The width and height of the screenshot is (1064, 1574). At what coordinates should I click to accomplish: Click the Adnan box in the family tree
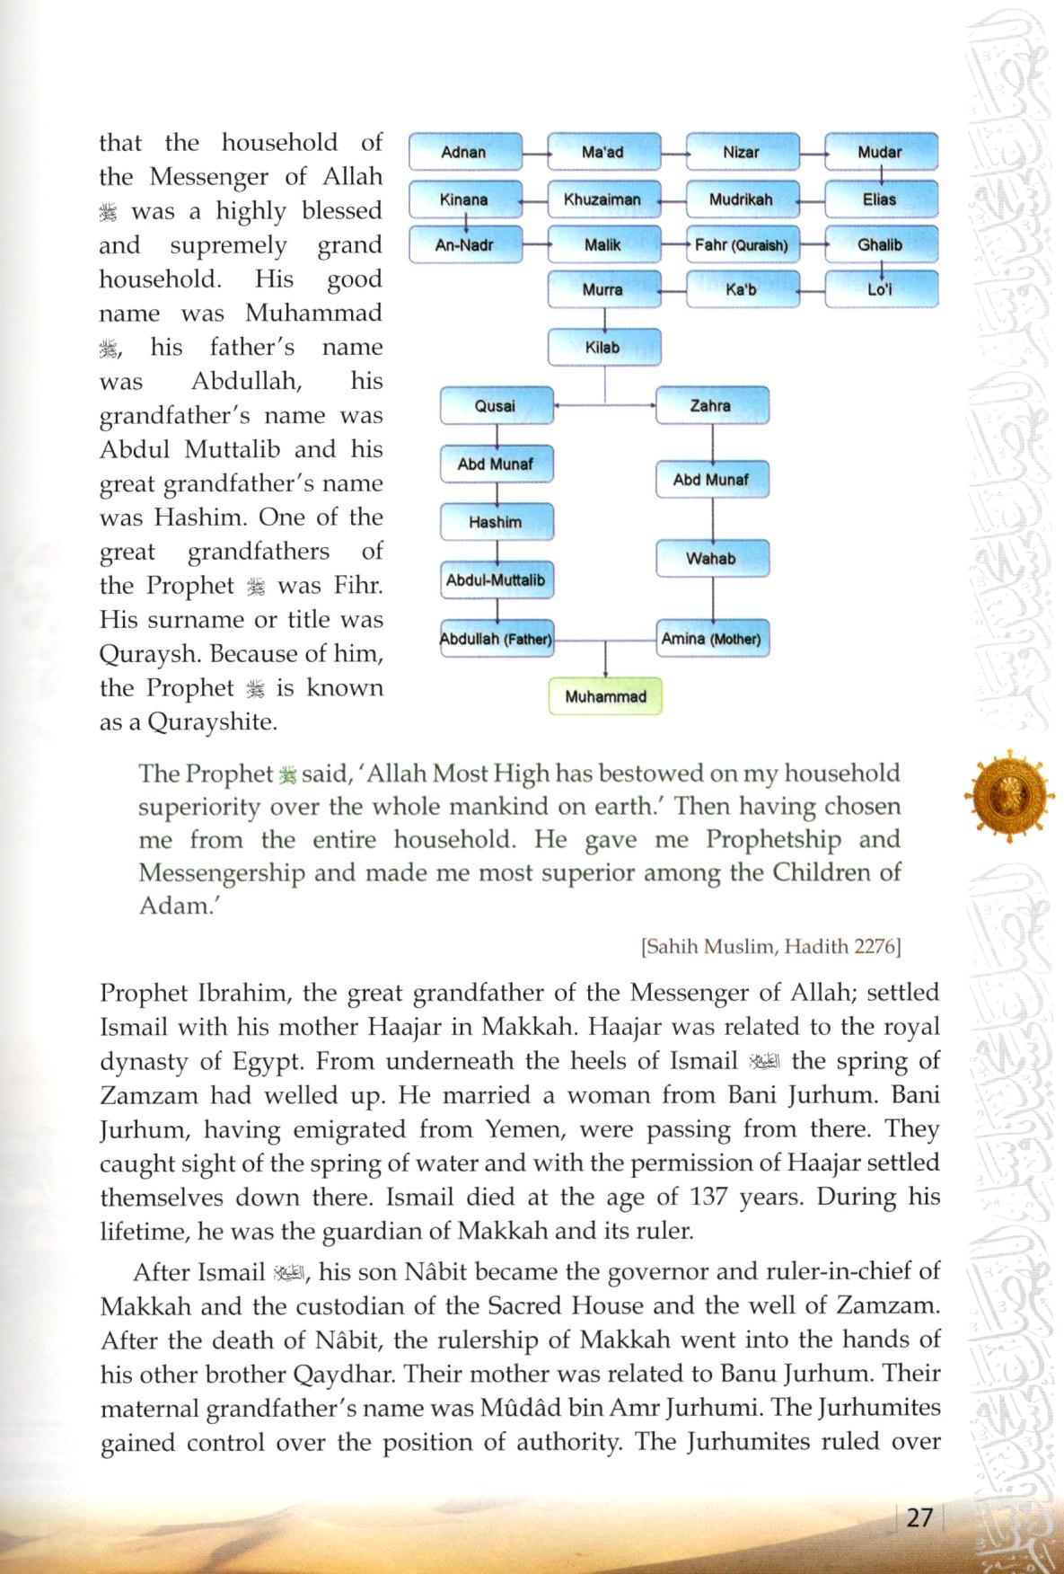465,152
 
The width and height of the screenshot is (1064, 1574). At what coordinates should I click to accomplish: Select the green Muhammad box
605,696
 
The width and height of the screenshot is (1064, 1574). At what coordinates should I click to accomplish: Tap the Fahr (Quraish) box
742,244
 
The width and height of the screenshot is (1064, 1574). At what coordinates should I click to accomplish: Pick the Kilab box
603,347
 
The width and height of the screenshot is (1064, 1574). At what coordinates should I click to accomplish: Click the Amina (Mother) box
711,639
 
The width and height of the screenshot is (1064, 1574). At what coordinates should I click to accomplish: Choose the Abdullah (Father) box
496,639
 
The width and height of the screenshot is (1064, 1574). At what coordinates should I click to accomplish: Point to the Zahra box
711,406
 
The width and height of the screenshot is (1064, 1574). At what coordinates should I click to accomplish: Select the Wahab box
711,558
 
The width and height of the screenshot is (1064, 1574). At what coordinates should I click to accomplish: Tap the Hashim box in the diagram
496,522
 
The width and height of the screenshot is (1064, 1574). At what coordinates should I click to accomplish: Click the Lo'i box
880,289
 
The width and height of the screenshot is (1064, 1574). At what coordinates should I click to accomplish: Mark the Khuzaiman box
602,199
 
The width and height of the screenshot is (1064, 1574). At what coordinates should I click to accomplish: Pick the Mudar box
880,152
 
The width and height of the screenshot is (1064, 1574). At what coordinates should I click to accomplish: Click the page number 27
919,1517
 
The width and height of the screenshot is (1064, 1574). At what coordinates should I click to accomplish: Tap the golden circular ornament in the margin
1009,795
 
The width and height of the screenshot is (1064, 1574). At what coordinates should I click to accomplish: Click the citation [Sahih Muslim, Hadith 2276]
771,946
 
